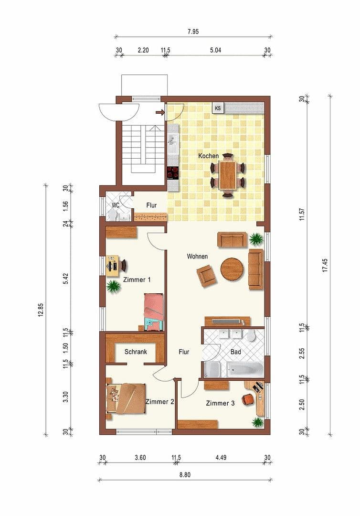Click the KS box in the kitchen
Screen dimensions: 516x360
point(218,108)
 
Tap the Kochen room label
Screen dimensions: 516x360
point(209,156)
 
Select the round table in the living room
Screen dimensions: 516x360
point(232,269)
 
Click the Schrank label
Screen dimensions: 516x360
point(136,352)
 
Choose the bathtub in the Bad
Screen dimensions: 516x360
point(244,369)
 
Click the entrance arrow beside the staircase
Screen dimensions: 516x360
point(160,113)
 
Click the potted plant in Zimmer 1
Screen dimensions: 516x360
point(113,287)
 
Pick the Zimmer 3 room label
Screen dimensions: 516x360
point(220,403)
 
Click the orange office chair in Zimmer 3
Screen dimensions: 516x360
point(247,399)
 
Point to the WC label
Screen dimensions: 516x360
point(115,205)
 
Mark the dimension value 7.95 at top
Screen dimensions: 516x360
point(193,32)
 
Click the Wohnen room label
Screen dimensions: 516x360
point(197,257)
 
